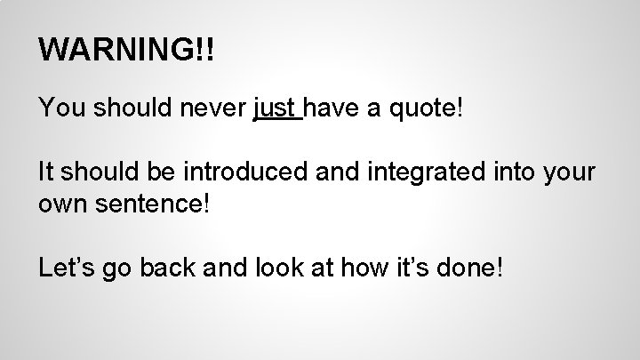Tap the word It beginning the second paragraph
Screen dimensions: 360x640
tap(45, 172)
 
